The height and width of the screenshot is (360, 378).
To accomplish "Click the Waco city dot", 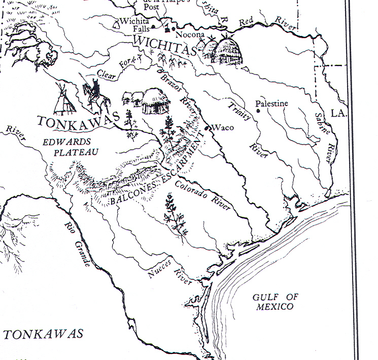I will [x=208, y=127].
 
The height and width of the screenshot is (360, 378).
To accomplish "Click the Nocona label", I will [x=189, y=35].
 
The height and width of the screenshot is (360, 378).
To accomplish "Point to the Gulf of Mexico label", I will [x=276, y=302].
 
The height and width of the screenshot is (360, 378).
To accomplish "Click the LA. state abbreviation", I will [x=337, y=113].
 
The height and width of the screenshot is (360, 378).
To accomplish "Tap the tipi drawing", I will [x=64, y=99].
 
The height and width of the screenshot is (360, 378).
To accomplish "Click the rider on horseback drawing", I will [x=96, y=95].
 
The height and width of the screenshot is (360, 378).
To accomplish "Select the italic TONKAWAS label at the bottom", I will [x=43, y=334].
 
